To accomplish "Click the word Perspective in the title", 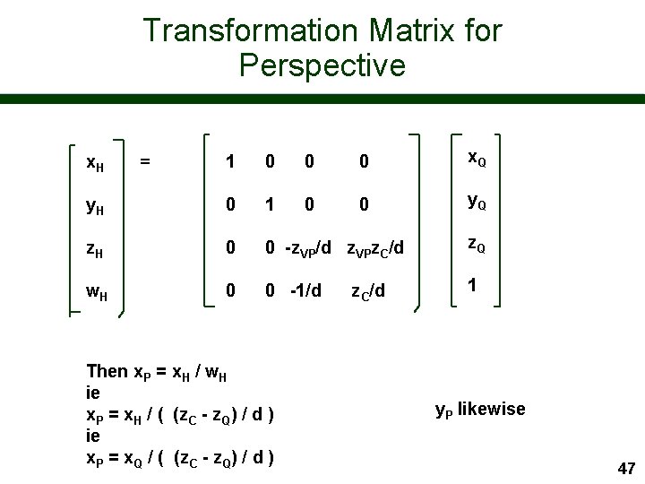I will pos(322,65).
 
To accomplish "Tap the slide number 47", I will pos(626,468).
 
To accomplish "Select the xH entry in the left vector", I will pos(92,162).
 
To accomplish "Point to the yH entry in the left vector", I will pos(92,207).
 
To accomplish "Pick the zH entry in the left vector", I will pos(92,250).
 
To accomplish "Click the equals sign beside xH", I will pos(145,160).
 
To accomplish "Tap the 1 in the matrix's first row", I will pos(230,162).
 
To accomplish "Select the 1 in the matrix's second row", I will pos(270,205).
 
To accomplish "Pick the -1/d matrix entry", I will pos(305,291).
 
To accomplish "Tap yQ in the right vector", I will pos(477,202).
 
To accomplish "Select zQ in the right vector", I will pos(477,245).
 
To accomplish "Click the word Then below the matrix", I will pos(107,370).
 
